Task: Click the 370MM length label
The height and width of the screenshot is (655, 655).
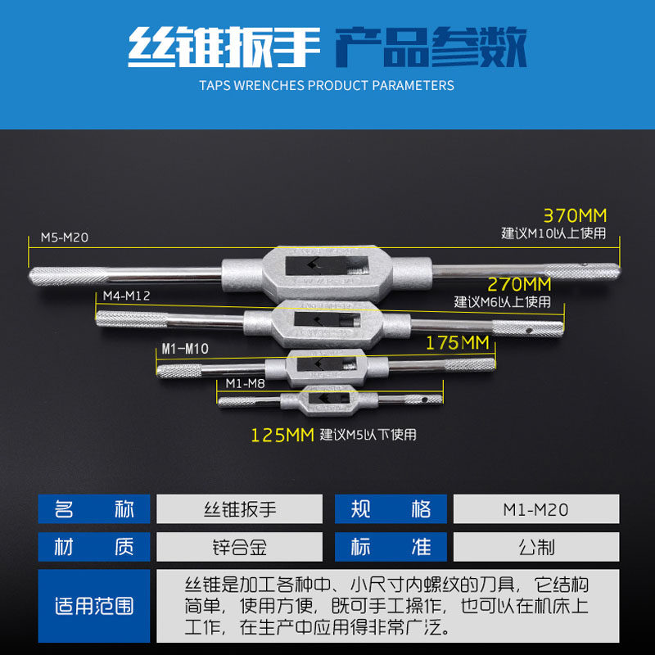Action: (x=575, y=215)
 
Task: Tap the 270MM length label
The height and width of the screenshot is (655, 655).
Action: (x=519, y=284)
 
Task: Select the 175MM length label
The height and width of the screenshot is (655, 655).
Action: (x=458, y=343)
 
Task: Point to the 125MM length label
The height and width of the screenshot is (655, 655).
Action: (x=282, y=436)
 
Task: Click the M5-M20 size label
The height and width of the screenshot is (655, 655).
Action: (x=65, y=237)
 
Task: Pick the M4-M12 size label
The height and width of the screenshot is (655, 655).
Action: (x=127, y=296)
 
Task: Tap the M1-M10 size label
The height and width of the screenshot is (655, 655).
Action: (x=185, y=349)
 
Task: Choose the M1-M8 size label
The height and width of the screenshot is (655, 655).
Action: (x=245, y=383)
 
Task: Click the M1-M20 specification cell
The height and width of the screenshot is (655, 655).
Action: (x=536, y=508)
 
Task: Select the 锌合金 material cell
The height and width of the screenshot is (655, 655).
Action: (x=239, y=547)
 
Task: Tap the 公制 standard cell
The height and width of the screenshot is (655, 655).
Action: (x=536, y=547)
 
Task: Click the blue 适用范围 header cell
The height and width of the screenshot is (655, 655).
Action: (x=94, y=606)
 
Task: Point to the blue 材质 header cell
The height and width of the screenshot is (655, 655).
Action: (x=94, y=547)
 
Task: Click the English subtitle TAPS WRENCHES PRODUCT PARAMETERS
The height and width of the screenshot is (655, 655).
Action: (x=327, y=86)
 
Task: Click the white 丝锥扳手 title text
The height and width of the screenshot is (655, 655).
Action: (x=224, y=47)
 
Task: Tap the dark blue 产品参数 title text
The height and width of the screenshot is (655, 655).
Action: (x=431, y=47)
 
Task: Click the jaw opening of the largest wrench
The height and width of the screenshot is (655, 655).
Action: (x=327, y=265)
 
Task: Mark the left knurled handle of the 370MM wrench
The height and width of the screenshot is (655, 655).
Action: (x=69, y=276)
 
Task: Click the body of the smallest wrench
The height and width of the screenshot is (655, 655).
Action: (x=329, y=400)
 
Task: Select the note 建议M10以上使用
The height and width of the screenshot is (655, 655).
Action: (x=554, y=233)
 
